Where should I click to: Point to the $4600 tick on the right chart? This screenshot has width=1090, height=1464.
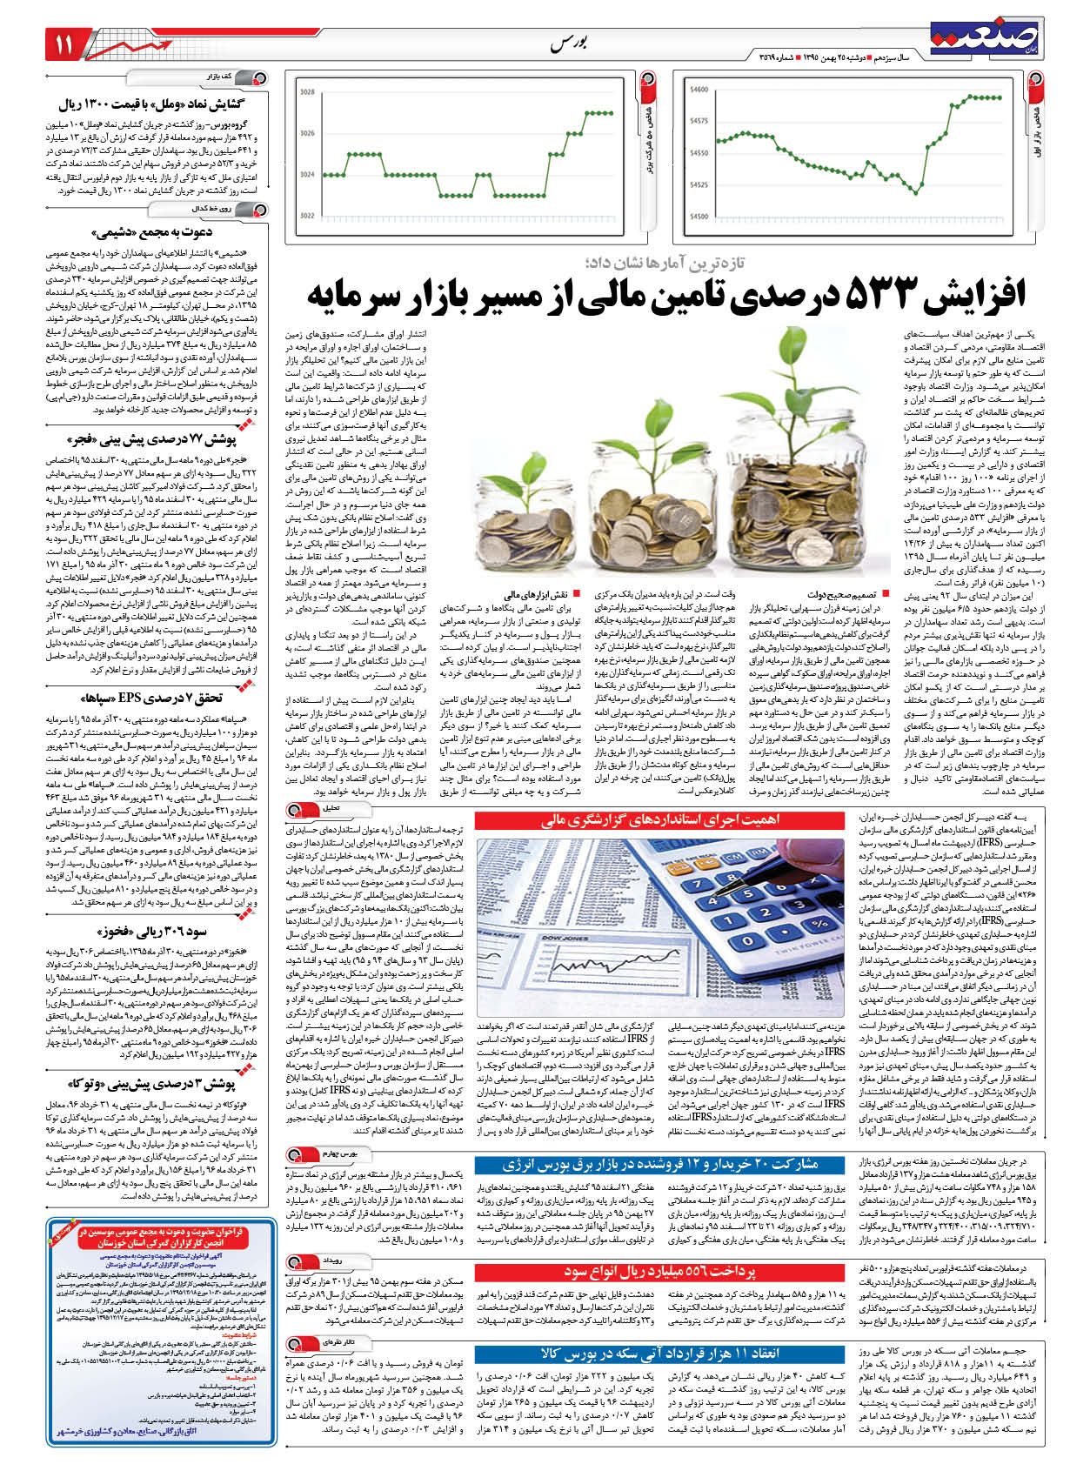tap(698, 90)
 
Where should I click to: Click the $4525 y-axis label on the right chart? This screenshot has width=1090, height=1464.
tap(698, 184)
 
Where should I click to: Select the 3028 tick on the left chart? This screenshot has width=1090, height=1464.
tap(307, 91)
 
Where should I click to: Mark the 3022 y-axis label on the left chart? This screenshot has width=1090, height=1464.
tap(307, 216)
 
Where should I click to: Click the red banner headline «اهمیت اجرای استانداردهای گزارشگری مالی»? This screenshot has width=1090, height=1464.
tap(659, 819)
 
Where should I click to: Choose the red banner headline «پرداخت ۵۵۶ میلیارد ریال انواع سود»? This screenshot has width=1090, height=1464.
tap(659, 1272)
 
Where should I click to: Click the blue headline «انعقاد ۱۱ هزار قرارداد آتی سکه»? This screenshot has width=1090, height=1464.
tap(659, 1354)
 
